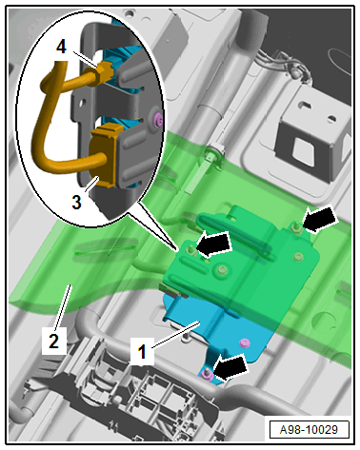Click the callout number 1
click(x=143, y=351)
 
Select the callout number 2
click(x=53, y=342)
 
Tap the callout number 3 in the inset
click(x=76, y=202)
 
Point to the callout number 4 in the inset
click(x=62, y=48)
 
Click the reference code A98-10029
click(x=309, y=430)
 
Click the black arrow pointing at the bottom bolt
click(x=231, y=367)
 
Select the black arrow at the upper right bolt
click(x=319, y=220)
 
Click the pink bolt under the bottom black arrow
click(x=207, y=374)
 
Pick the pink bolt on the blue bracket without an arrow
click(x=245, y=342)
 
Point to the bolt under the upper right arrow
click(x=297, y=227)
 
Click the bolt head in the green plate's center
click(x=221, y=270)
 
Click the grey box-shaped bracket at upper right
click(x=311, y=135)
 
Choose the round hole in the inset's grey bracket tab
click(x=83, y=103)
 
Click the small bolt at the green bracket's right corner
click(x=298, y=257)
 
